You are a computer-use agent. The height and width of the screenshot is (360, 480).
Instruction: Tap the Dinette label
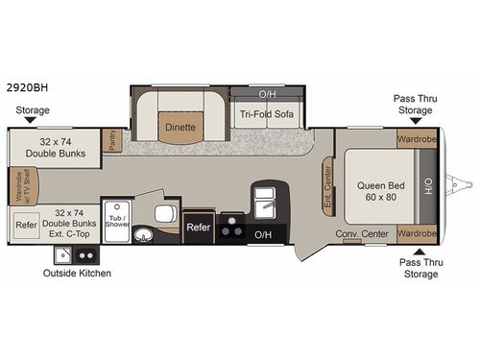(180, 127)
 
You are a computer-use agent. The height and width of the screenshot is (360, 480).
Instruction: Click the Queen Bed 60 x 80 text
(377, 190)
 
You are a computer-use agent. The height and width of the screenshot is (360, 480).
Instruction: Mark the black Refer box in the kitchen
(198, 228)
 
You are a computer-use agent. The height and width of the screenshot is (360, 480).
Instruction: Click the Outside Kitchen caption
(77, 274)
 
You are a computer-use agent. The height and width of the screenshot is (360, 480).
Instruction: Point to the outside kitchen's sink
(64, 255)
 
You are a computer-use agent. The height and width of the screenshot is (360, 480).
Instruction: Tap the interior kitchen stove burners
(232, 229)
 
